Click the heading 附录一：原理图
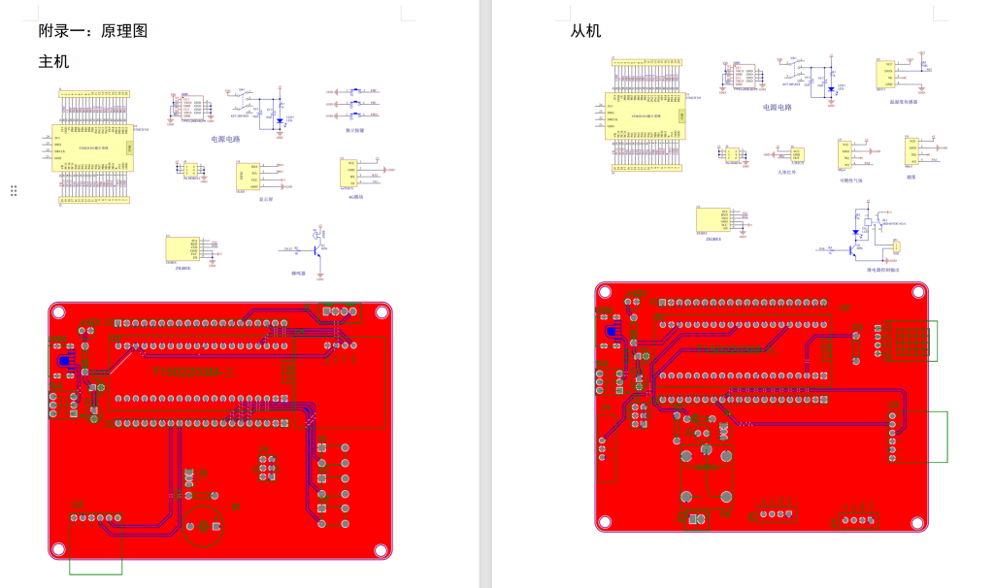point(93,31)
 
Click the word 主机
point(53,62)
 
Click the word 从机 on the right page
point(585,31)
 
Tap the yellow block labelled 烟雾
point(911,152)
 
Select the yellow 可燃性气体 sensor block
point(845,154)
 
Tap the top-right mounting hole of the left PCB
point(381,311)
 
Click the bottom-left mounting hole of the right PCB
point(605,523)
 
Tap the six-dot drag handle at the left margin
point(14,191)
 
